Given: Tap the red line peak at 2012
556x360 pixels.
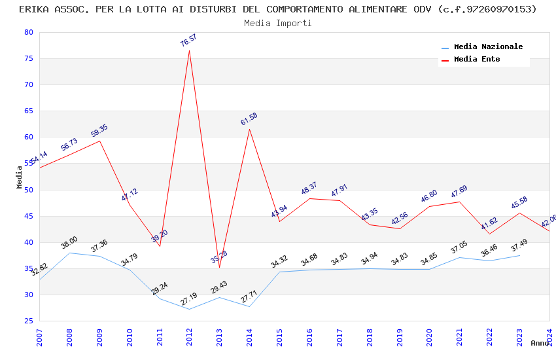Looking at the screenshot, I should pyautogui.click(x=190, y=50).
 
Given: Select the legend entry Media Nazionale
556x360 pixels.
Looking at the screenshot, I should pyautogui.click(x=488, y=46).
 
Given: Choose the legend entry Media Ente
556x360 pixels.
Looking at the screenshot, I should pyautogui.click(x=477, y=59).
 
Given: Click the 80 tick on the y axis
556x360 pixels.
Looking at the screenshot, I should pyautogui.click(x=28, y=32).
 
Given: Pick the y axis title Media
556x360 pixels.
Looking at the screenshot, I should pyautogui.click(x=20, y=177).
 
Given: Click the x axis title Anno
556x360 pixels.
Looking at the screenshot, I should pyautogui.click(x=540, y=343).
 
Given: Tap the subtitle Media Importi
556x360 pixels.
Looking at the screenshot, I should pyautogui.click(x=278, y=23).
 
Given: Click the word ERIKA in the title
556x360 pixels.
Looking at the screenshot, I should pyautogui.click(x=35, y=9).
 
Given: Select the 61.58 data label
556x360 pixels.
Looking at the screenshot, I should pyautogui.click(x=249, y=119).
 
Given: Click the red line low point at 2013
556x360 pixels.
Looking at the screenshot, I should pyautogui.click(x=219, y=267).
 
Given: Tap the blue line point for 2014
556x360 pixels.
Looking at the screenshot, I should pyautogui.click(x=249, y=306).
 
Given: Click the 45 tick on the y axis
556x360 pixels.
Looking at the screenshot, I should pyautogui.click(x=28, y=216).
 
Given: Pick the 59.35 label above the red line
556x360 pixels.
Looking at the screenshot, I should pyautogui.click(x=99, y=131).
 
